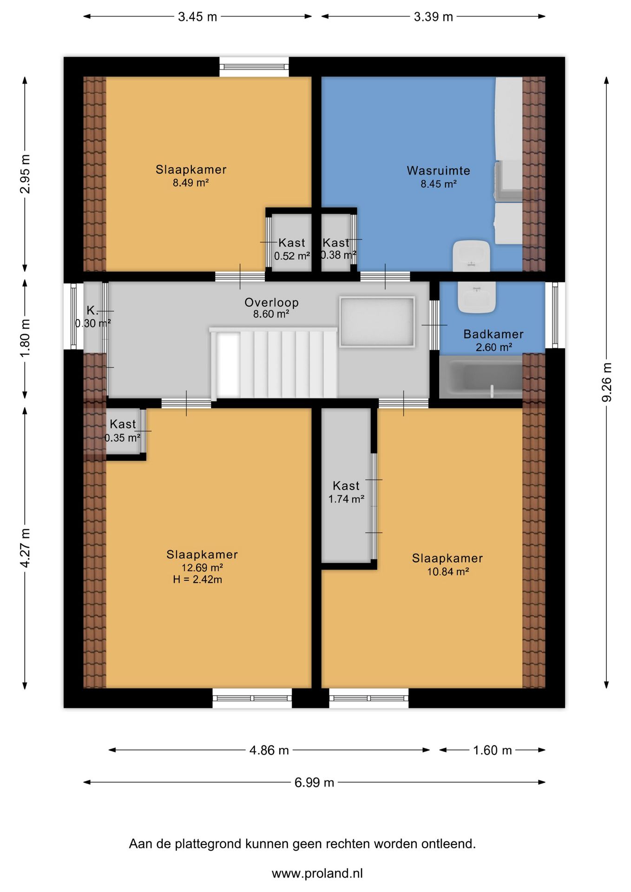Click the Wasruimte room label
coord(438,171)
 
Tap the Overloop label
coord(271,302)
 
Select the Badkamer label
coord(493,334)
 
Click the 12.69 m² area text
coord(202,567)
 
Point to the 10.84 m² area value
coord(448,571)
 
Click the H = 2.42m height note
coord(197,579)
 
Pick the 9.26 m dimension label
coord(607,382)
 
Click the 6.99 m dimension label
coord(314,782)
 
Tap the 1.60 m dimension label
coord(492,750)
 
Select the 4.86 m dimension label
coord(269,750)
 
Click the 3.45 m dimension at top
coord(197,17)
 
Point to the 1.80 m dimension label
coord(25,338)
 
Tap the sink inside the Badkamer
coord(476,297)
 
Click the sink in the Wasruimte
coord(471,256)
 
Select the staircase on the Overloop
coord(274,363)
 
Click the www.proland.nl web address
coord(317,873)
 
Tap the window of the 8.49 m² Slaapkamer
coord(254,67)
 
